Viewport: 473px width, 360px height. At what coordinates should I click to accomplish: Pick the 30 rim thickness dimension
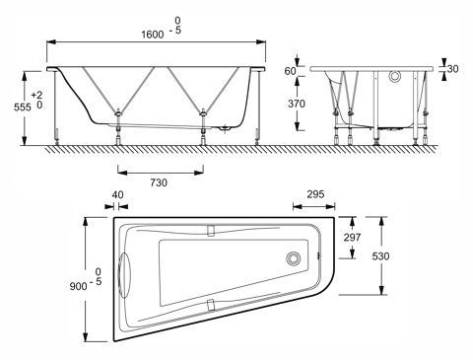point(452,71)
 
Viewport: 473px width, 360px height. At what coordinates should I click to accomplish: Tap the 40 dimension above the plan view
point(119,195)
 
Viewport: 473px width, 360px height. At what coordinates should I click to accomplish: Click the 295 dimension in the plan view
point(316,195)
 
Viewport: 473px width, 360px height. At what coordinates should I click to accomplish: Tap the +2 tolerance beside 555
point(36,94)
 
